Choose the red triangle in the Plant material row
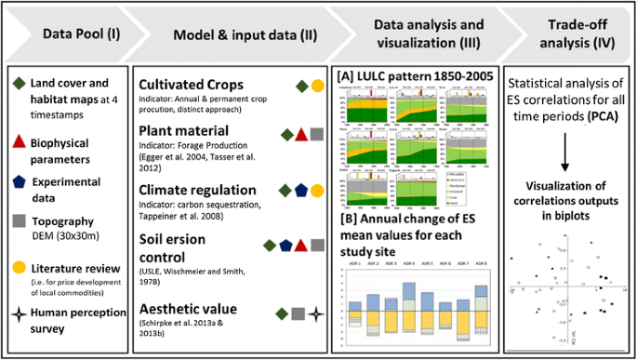coord(301,134)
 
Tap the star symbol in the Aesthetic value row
coord(317,314)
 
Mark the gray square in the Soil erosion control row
coord(317,246)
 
